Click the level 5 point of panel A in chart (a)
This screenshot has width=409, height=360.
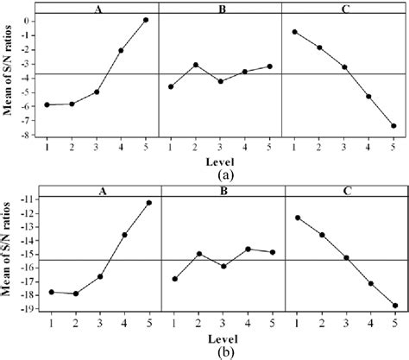(x=146, y=20)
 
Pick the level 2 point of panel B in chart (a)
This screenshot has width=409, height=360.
(x=196, y=65)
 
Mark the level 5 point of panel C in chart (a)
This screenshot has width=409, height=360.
(x=394, y=126)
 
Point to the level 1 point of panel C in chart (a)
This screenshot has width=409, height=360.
(x=295, y=32)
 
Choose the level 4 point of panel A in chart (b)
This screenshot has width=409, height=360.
(x=124, y=235)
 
